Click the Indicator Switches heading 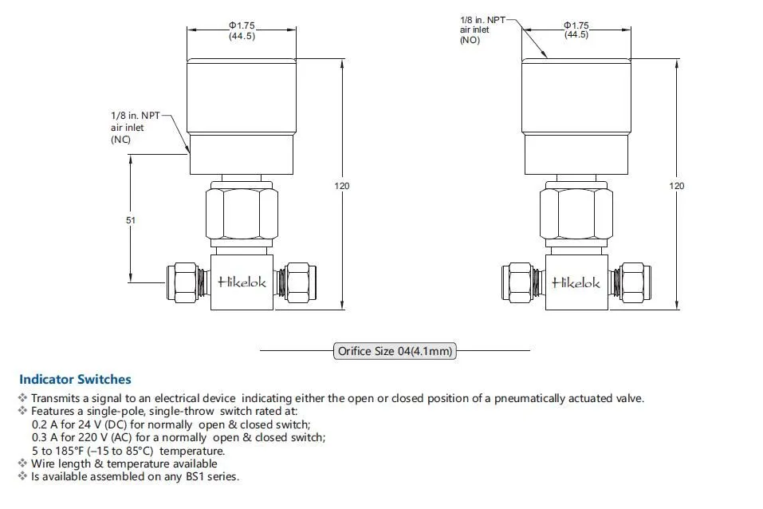(x=75, y=380)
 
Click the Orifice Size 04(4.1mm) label (x=395, y=350)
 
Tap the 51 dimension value (x=131, y=219)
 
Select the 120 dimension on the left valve (x=341, y=186)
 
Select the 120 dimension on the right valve (x=676, y=186)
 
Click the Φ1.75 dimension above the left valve (x=242, y=26)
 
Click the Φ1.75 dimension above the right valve (x=576, y=26)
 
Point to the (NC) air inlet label (x=120, y=140)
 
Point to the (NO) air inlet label (x=470, y=40)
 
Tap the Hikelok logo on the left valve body (x=242, y=281)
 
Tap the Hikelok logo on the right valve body (x=576, y=282)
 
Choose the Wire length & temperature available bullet (x=124, y=464)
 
